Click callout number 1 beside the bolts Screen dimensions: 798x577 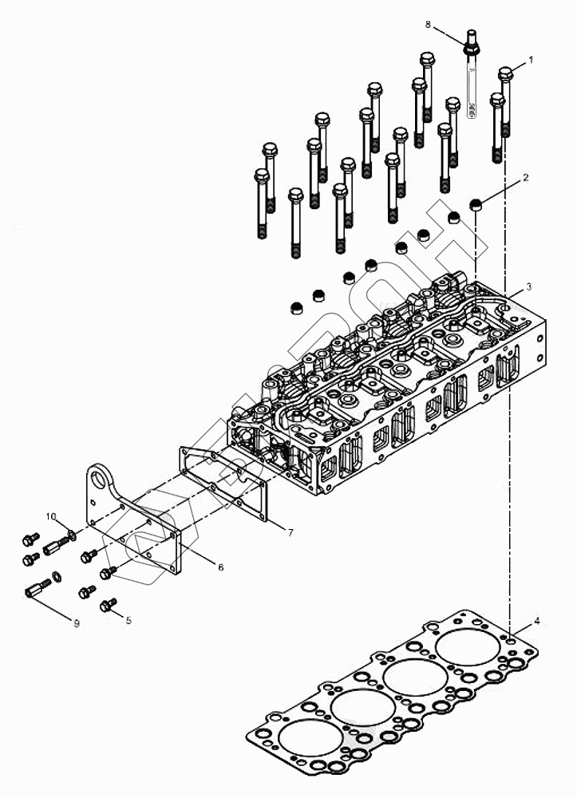point(530,61)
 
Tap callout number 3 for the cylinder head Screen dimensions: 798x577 point(529,286)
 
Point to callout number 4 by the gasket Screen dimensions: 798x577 point(536,618)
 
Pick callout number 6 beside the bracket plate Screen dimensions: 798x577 point(220,567)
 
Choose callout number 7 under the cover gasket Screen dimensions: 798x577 point(290,531)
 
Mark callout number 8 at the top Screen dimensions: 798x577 point(428,26)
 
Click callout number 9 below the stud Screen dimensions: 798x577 point(77,623)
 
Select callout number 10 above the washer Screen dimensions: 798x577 point(50,517)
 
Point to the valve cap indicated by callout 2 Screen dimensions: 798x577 point(476,204)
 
